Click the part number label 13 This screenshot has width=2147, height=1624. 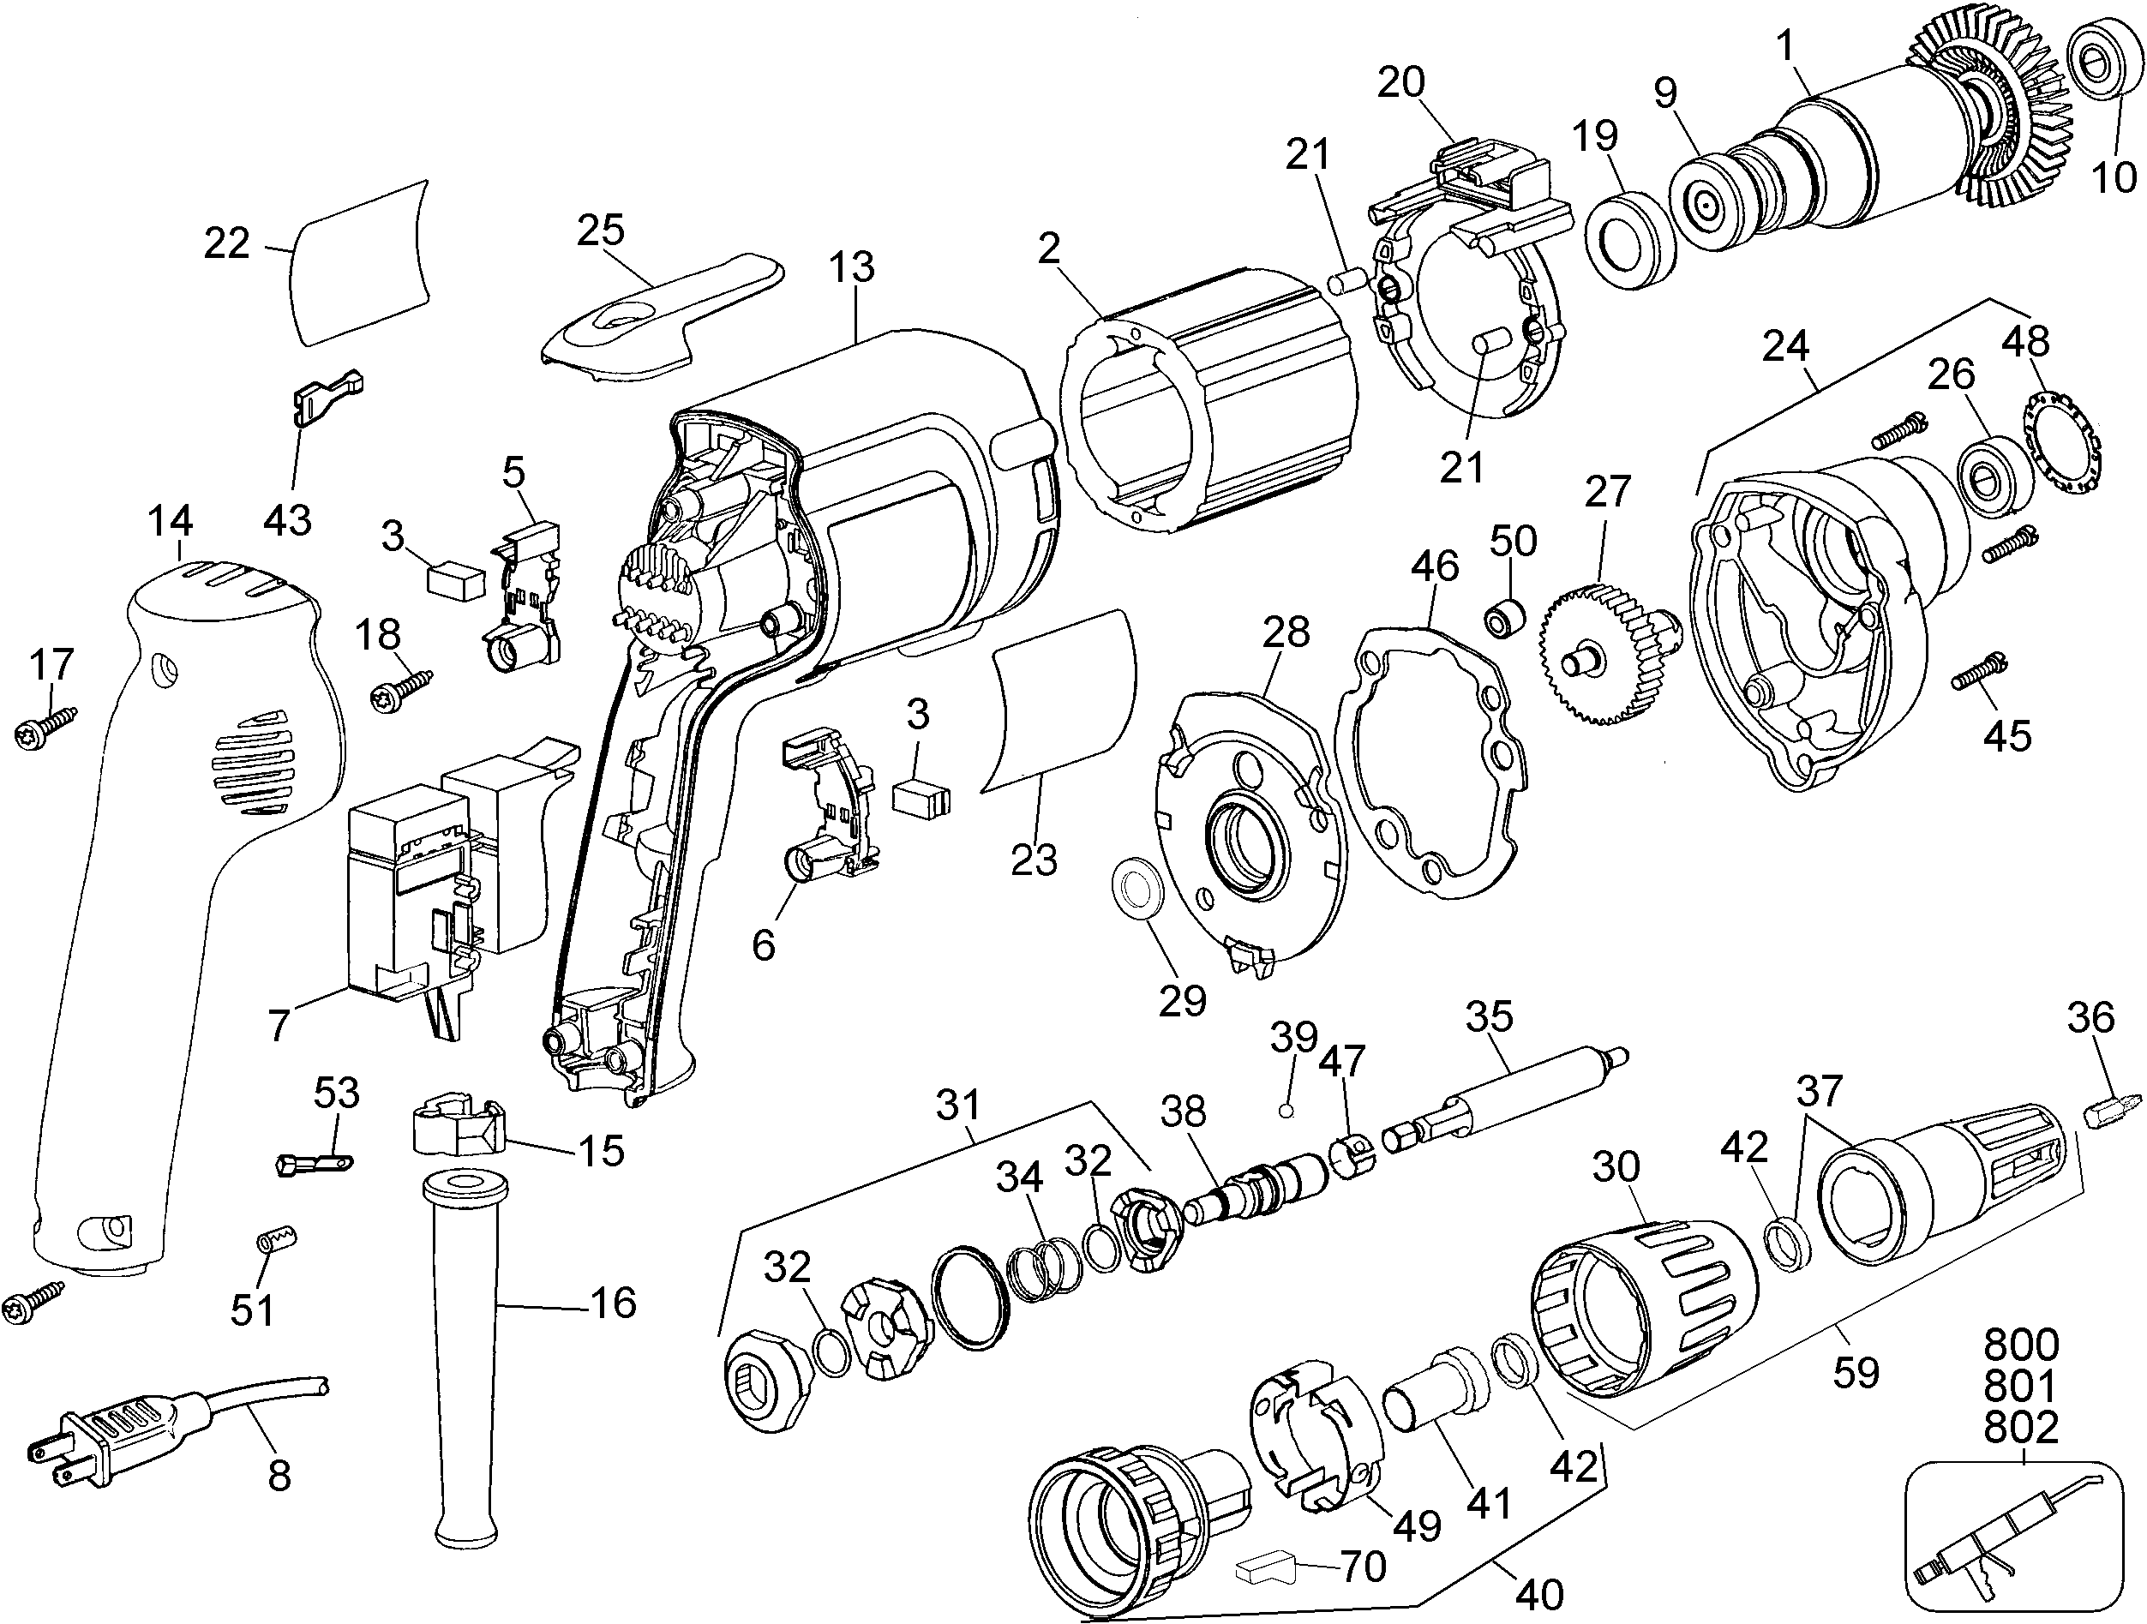(852, 267)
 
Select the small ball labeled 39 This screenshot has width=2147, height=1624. (1287, 1111)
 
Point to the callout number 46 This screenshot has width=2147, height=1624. (1436, 565)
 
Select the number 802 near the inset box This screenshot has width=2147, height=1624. (2021, 1427)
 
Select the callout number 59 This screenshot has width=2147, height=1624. (1856, 1373)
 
